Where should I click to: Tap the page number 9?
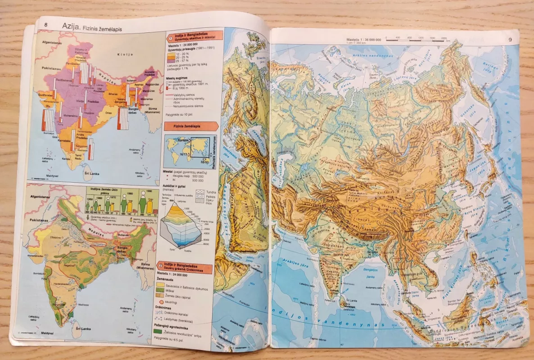pyautogui.click(x=510, y=40)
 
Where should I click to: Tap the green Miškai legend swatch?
pyautogui.click(x=160, y=291)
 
